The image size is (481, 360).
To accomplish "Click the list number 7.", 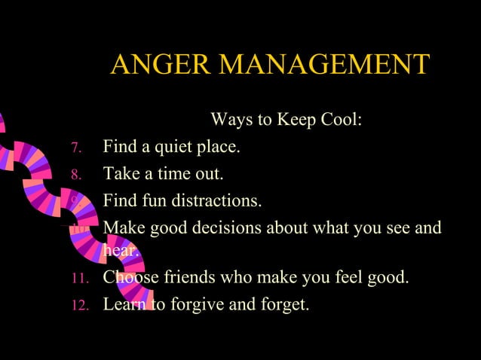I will (x=76, y=148).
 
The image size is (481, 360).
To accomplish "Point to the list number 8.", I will (x=76, y=175).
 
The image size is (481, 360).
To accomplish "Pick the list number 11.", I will (x=81, y=279).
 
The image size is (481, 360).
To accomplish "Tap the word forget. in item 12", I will (x=283, y=305).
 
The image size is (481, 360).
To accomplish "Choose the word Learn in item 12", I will (x=123, y=305).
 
